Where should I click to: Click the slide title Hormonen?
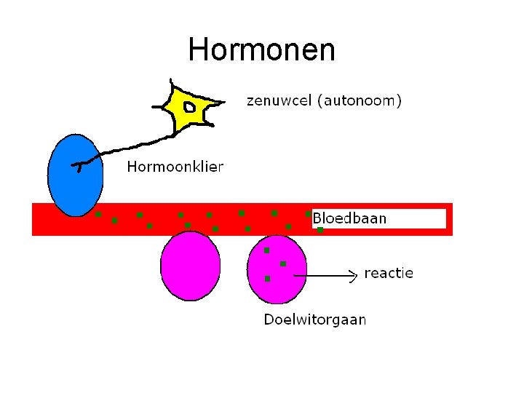point(261,50)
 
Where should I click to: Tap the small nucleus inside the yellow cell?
point(189,108)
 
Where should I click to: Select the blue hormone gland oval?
point(76,175)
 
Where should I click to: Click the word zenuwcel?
point(279,101)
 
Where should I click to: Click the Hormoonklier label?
point(175,167)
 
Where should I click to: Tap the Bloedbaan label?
point(349,218)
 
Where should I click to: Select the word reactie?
point(388,274)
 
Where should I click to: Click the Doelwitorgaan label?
point(314,319)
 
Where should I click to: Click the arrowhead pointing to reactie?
point(355,274)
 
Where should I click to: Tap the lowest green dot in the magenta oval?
point(267,279)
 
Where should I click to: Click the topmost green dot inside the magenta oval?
point(266,250)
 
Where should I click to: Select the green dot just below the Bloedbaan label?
point(320,230)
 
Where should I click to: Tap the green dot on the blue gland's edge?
point(98,215)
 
